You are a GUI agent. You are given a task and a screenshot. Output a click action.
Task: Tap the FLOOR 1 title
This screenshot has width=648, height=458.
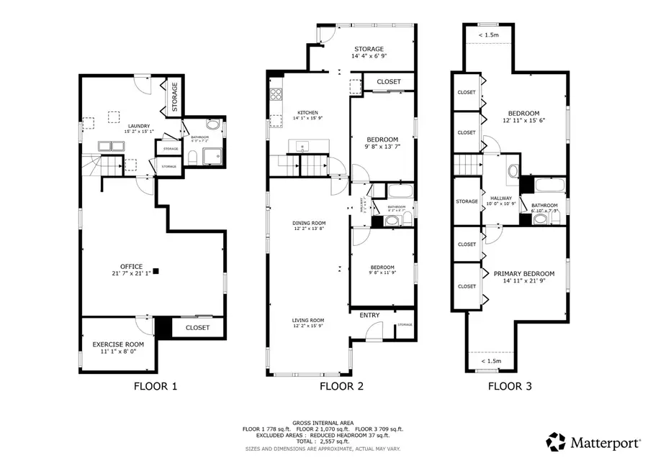click(x=156, y=386)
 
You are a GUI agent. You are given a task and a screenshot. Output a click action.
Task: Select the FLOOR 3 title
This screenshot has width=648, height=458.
click(x=510, y=386)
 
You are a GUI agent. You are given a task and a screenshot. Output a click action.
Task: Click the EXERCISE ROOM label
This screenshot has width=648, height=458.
click(x=118, y=344)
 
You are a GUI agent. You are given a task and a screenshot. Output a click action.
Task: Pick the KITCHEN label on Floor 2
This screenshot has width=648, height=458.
click(x=308, y=113)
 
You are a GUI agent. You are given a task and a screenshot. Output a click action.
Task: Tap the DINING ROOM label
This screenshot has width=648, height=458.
click(x=308, y=223)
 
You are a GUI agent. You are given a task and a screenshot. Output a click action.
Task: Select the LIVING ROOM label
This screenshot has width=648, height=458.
click(x=308, y=321)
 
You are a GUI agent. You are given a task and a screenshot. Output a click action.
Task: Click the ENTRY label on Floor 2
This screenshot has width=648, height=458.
click(x=369, y=315)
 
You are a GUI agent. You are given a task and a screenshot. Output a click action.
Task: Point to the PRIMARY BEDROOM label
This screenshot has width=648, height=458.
click(x=523, y=274)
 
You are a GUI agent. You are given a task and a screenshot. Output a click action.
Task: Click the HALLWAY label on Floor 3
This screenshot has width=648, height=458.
click(x=500, y=198)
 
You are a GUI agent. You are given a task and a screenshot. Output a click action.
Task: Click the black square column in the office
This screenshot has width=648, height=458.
click(x=156, y=271)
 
